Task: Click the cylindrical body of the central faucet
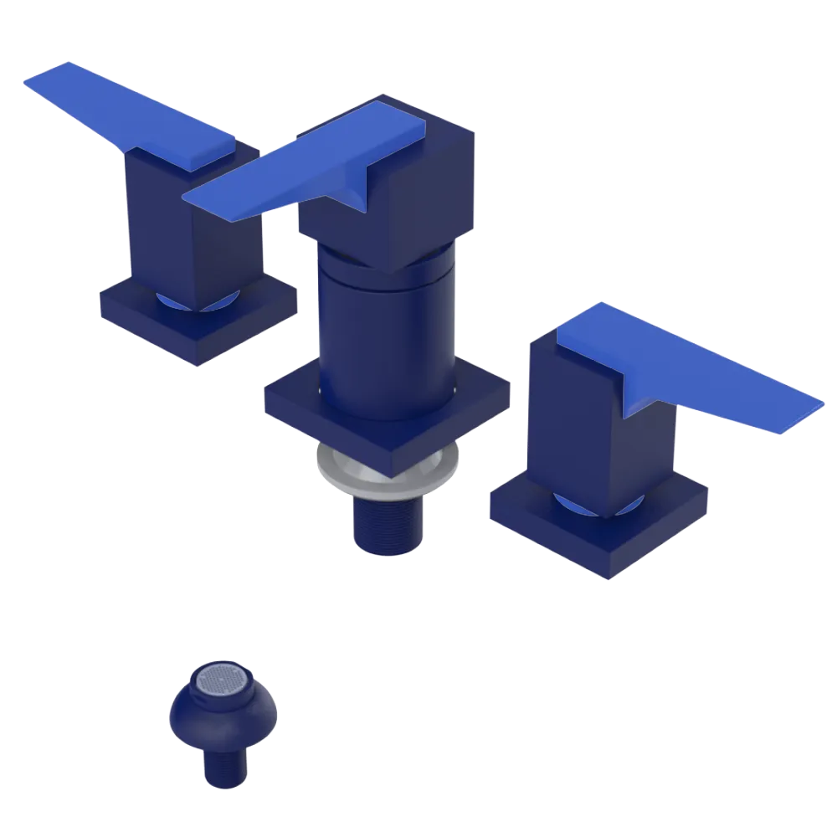click(x=385, y=335)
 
